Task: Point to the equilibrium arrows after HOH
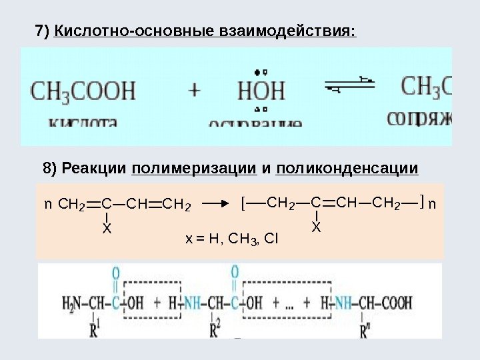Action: [349, 85]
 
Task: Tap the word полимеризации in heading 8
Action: [195, 168]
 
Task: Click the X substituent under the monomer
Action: [106, 228]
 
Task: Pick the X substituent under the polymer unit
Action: [317, 228]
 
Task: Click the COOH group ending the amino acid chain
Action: [397, 304]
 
